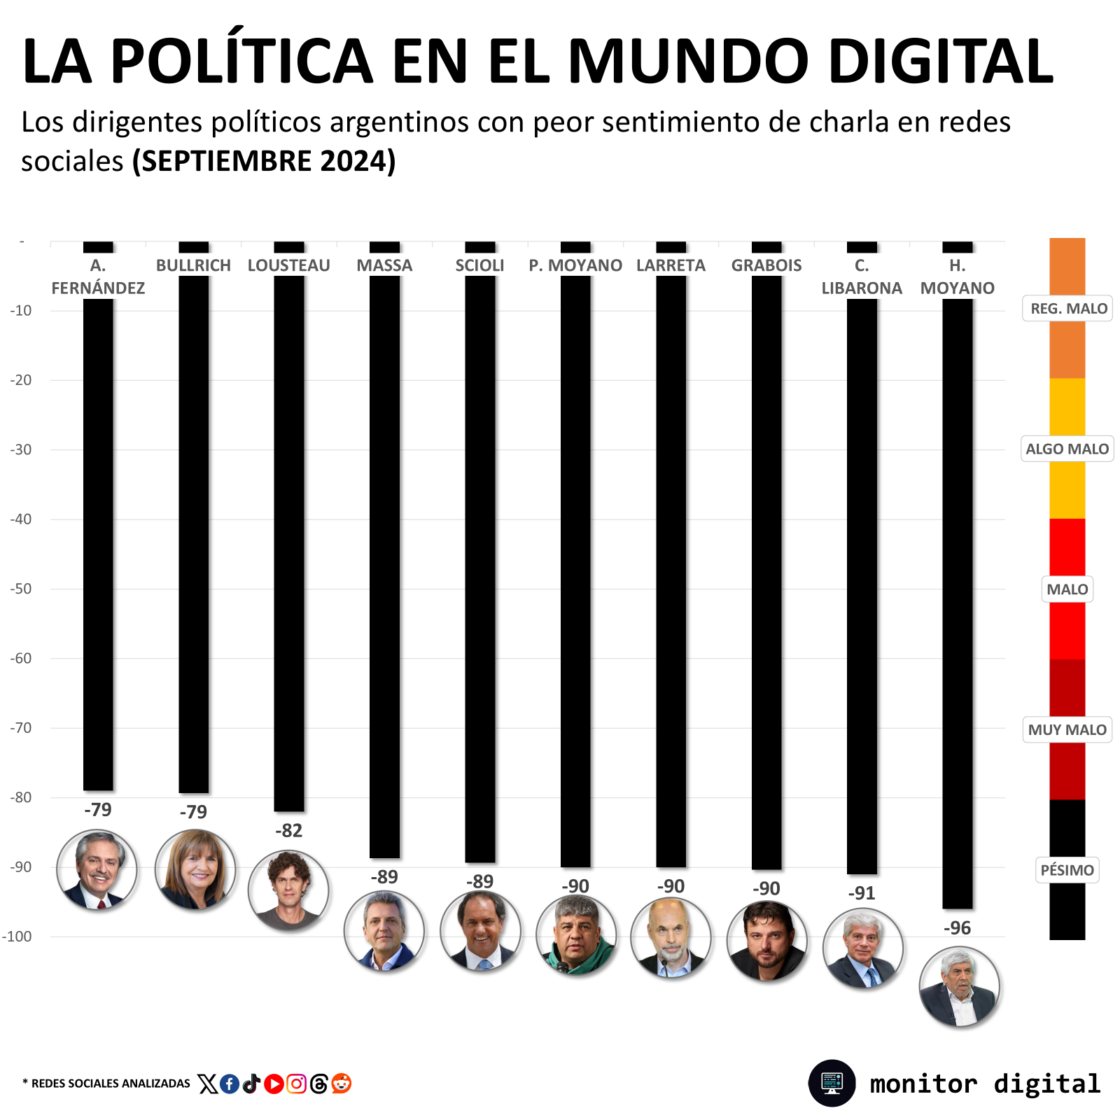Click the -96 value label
pyautogui.click(x=957, y=928)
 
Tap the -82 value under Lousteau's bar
pyautogui.click(x=288, y=831)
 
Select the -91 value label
pyautogui.click(x=862, y=893)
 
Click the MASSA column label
pyautogui.click(x=384, y=266)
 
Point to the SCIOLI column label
pyautogui.click(x=479, y=266)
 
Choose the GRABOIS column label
pyautogui.click(x=766, y=266)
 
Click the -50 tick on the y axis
pyautogui.click(x=22, y=589)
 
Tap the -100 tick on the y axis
pyautogui.click(x=17, y=937)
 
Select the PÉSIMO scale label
pyautogui.click(x=1067, y=870)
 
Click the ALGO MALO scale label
pyautogui.click(x=1067, y=449)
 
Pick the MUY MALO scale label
pyautogui.click(x=1067, y=729)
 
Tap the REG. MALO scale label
pyautogui.click(x=1068, y=309)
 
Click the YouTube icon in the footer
pyautogui.click(x=274, y=1084)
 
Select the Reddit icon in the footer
pyautogui.click(x=342, y=1084)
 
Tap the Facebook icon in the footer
pyautogui.click(x=229, y=1084)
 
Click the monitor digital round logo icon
pyautogui.click(x=832, y=1083)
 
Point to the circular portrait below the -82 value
pyautogui.click(x=288, y=890)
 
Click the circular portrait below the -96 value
pyautogui.click(x=958, y=987)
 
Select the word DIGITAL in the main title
pyautogui.click(x=941, y=62)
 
